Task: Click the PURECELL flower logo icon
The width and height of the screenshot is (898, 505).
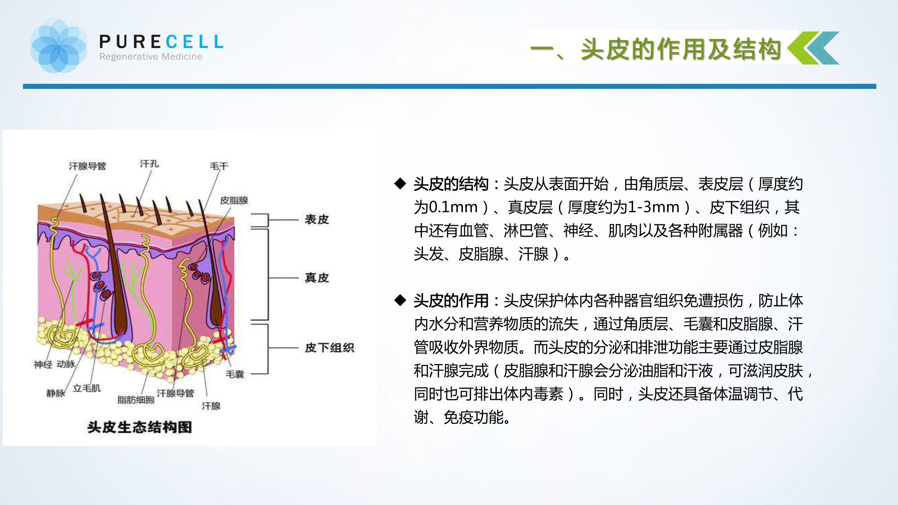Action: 59,46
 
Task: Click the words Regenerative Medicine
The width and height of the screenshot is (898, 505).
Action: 151,57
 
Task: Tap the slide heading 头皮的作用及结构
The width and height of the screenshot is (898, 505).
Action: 681,48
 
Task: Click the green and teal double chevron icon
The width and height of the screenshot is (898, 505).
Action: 813,48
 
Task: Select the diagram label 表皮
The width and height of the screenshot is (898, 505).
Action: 317,220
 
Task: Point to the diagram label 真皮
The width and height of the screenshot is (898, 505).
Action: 317,278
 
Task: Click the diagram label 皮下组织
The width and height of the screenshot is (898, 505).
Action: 330,348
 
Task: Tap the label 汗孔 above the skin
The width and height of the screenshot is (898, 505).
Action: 150,164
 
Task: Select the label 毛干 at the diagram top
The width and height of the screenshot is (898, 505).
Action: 219,166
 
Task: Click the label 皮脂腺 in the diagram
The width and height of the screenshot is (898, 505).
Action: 234,200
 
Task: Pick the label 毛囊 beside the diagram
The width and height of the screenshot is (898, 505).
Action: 235,374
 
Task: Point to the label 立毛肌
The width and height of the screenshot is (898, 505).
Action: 87,388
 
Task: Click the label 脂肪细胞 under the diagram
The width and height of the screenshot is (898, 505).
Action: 136,400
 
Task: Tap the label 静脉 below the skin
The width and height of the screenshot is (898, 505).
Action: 56,393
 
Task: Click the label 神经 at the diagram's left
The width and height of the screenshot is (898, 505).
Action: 43,364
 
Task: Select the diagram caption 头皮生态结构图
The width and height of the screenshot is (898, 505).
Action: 140,427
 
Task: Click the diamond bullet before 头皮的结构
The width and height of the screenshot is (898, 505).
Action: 400,183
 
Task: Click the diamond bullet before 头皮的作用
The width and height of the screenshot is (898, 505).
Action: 400,300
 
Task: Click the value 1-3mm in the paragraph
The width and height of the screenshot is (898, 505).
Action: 654,207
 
